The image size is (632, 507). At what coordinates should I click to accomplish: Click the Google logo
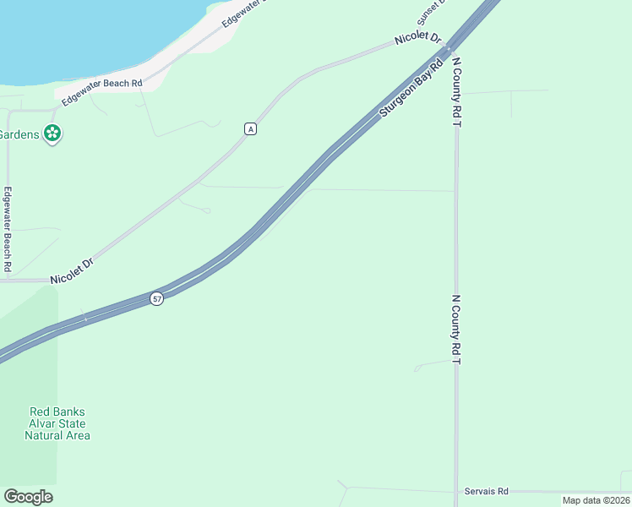point(28,497)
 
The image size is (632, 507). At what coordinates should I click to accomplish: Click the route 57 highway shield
point(157,299)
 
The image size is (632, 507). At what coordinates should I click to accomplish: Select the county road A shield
point(250,128)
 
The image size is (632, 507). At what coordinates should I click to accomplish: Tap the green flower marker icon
point(52,134)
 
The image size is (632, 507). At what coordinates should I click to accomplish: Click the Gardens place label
point(19,134)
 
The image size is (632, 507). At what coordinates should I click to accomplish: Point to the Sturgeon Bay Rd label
point(411,88)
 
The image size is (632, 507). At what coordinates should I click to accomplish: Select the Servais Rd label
point(487,491)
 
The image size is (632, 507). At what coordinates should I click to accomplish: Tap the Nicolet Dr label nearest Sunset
point(418,39)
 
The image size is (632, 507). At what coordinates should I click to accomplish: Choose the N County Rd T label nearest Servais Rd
point(456,330)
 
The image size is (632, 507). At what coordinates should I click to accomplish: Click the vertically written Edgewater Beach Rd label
point(8,228)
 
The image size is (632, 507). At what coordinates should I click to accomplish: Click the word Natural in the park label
point(44,435)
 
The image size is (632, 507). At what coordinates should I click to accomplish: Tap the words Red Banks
point(57,412)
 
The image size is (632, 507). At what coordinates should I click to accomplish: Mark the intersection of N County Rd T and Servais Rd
point(456,491)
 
